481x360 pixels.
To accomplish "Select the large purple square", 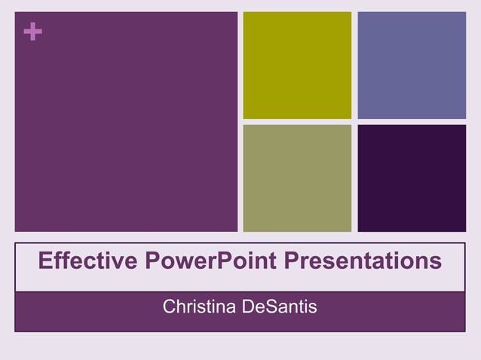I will click(126, 121).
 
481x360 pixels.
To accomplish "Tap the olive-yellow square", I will click(297, 65).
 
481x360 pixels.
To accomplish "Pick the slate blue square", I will click(412, 65).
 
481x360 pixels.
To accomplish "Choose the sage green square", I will click(297, 178).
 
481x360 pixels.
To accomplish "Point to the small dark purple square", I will click(412, 178).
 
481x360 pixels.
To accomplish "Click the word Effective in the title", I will click(87, 261).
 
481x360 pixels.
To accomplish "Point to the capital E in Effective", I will click(44, 261).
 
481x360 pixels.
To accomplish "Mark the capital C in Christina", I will click(170, 307).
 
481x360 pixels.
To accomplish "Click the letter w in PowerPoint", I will click(180, 262).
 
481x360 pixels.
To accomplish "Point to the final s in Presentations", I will click(435, 262).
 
